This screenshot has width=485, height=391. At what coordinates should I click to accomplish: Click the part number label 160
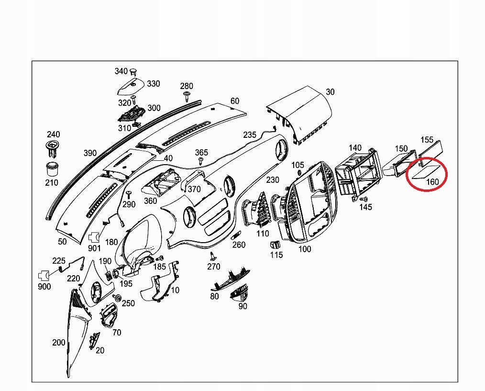[x=432, y=182]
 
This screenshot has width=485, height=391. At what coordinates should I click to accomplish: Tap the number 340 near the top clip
[x=121, y=71]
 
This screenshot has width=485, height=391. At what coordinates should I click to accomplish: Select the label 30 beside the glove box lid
[x=330, y=92]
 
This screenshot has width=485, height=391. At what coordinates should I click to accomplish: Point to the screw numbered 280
[x=186, y=98]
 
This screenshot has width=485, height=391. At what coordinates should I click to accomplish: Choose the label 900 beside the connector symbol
[x=44, y=287]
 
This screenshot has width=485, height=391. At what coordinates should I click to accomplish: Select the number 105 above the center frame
[x=298, y=165]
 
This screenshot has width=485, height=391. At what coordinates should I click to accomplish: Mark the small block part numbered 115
[x=275, y=245]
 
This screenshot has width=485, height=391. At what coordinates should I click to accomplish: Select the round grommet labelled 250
[x=116, y=298]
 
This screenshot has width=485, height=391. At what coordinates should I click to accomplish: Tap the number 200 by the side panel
[x=59, y=343]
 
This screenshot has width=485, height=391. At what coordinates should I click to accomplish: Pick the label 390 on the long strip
[x=90, y=153]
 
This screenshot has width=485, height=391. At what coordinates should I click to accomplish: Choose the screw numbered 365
[x=201, y=162]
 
